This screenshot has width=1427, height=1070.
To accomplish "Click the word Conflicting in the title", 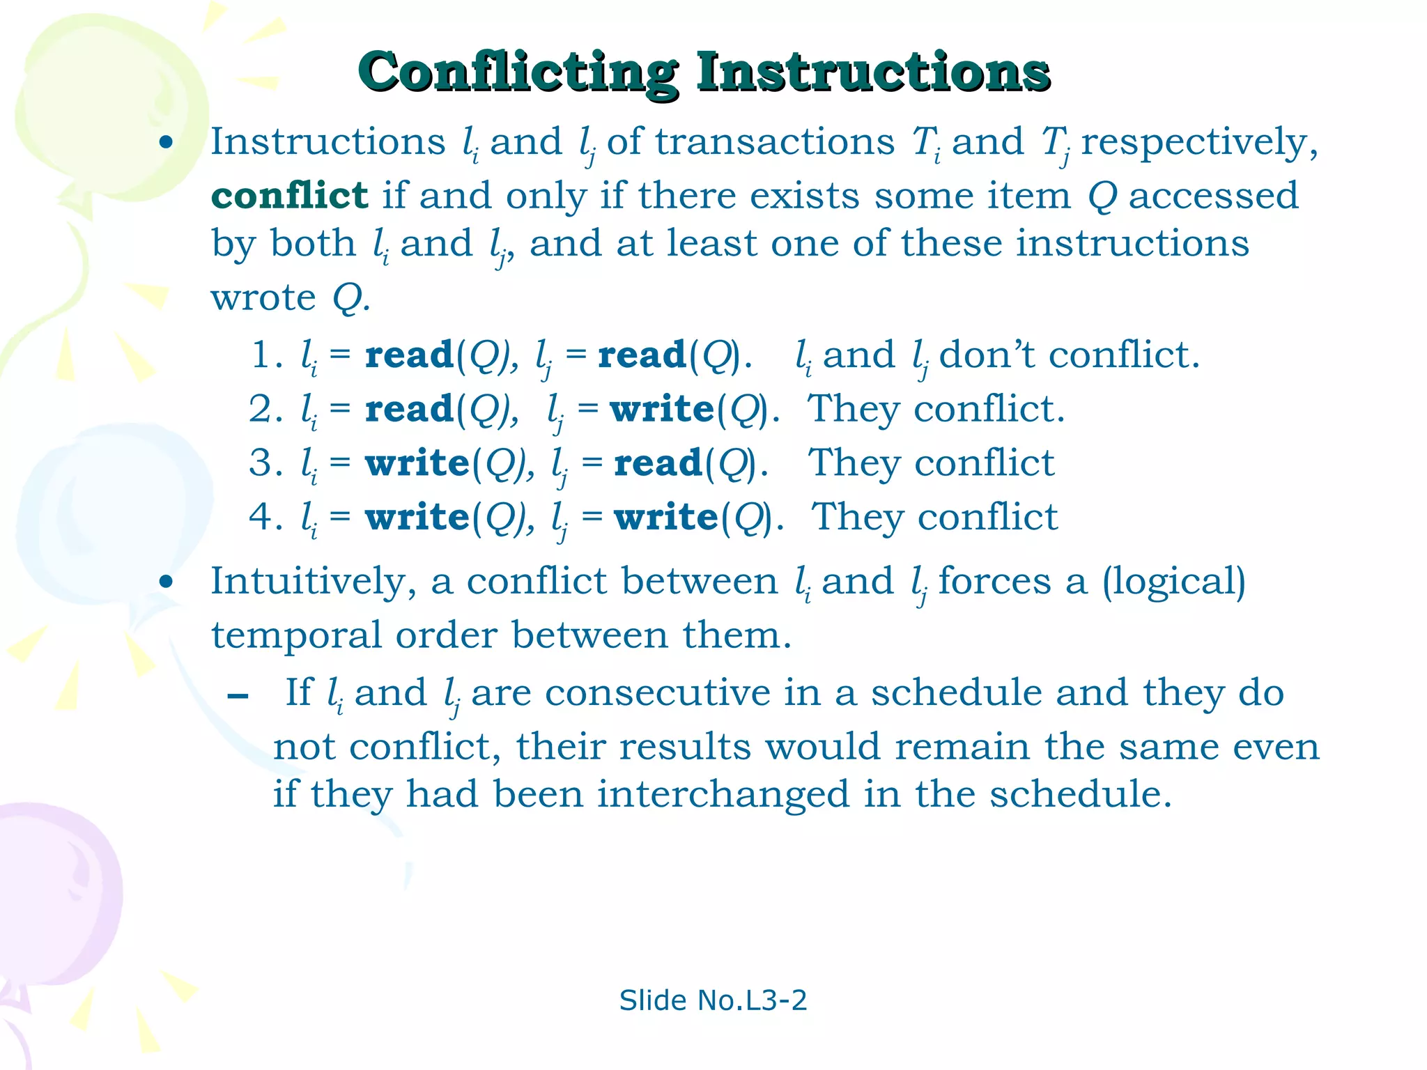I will coord(516,72).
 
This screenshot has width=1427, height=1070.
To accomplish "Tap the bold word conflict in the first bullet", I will coord(289,196).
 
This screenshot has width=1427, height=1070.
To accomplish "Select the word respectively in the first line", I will coord(1198,143).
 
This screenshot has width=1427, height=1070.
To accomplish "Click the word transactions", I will coord(774,143).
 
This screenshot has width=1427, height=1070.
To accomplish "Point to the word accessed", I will coord(1213,196).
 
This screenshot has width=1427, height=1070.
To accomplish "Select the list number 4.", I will coord(264,517).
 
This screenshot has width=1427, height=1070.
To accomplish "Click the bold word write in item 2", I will coord(663,409).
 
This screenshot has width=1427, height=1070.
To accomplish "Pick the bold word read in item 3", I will coord(658,463).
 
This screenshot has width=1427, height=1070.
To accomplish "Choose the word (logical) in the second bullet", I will coord(1173,582).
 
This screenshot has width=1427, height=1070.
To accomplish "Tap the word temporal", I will coord(296,635).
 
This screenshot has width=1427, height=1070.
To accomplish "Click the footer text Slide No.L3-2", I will coord(713,1000).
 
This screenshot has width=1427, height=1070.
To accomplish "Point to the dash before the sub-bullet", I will coord(238,696).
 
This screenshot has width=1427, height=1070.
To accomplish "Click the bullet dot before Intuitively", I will coord(165,582).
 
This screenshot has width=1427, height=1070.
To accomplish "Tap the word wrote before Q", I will coord(263,298).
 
